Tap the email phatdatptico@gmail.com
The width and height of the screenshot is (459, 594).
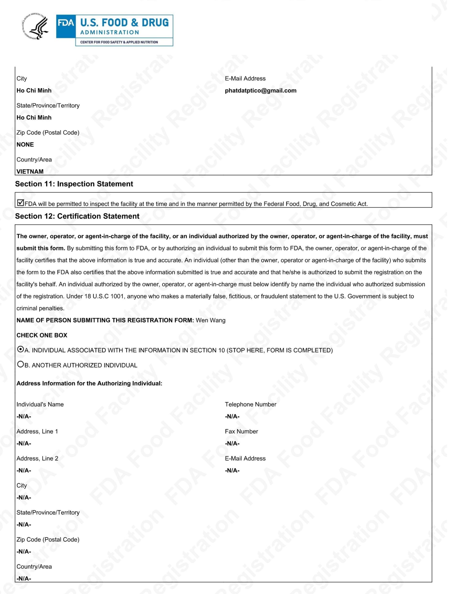point(260,91)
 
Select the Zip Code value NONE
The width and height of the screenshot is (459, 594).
point(25,144)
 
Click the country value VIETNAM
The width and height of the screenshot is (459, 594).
point(30,171)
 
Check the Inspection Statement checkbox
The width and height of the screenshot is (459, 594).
point(20,203)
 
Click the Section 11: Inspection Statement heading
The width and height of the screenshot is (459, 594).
point(74,184)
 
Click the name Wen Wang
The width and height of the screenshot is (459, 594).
point(210,320)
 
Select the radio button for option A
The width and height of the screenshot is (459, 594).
point(20,349)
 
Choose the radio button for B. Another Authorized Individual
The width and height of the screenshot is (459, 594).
point(20,364)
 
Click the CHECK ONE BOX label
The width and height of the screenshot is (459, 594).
point(42,335)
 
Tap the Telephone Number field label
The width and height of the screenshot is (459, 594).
point(250,404)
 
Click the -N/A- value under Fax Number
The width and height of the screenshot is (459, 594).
point(232,443)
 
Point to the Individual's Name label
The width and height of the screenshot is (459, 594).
point(40,404)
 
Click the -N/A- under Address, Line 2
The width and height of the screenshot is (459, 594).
point(24,470)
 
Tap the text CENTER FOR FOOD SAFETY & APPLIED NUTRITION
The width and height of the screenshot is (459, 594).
point(119,42)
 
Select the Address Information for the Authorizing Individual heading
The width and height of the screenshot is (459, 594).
point(89,383)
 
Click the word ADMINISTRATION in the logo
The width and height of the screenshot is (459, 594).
point(109,32)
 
